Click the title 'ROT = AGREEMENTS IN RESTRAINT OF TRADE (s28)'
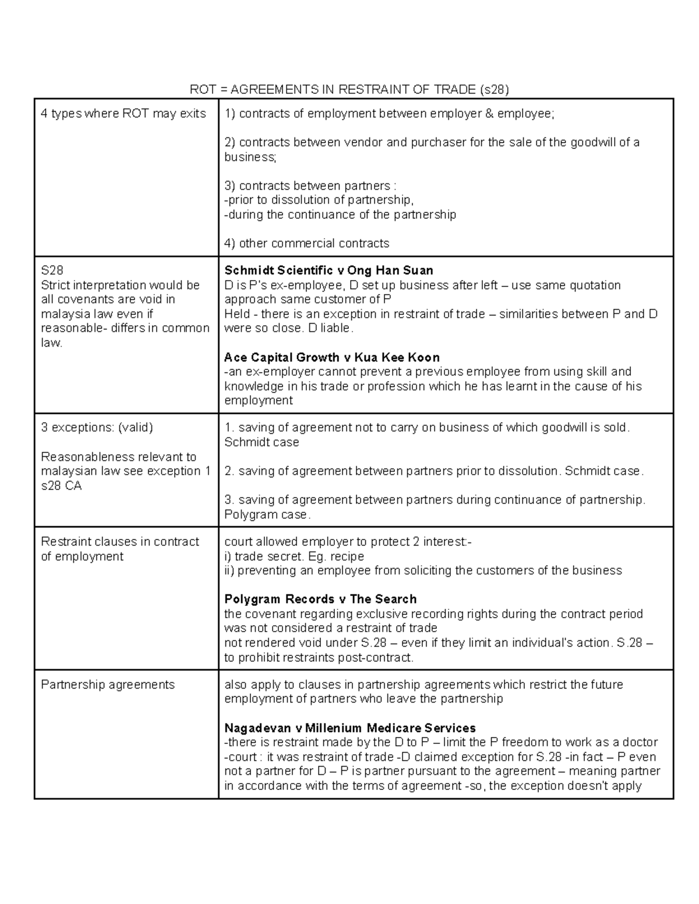tap(349, 89)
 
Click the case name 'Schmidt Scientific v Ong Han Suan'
tap(329, 270)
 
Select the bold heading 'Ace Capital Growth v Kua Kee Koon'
tap(331, 357)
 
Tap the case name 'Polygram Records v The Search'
tap(320, 599)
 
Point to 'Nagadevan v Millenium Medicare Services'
tap(349, 728)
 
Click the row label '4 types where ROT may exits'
tap(123, 114)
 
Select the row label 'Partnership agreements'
tap(108, 685)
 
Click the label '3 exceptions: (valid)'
tap(97, 427)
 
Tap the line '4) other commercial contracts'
tap(306, 243)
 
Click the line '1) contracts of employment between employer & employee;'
tap(389, 114)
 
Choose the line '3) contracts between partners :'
tap(310, 186)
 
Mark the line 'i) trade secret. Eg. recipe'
tap(294, 556)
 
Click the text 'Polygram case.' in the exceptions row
tap(267, 515)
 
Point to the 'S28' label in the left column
tap(52, 271)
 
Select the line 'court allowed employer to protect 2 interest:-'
tap(348, 541)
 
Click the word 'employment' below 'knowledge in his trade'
tap(258, 400)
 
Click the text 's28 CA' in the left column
tap(61, 485)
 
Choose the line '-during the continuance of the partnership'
tap(340, 215)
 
